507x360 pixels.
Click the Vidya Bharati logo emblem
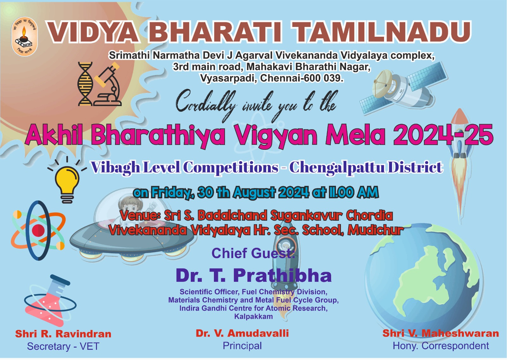pos(24,36)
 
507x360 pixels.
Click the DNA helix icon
pos(85,84)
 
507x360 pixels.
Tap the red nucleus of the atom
pos(38,230)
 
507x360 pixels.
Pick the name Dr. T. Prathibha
pos(253,275)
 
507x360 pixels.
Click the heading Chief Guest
pos(253,253)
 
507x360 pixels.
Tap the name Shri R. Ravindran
pos(63,334)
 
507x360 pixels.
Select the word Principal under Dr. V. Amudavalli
pos(242,346)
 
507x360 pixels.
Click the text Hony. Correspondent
pos(441,346)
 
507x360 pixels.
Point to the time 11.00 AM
pos(353,193)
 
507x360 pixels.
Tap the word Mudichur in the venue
pos(375,230)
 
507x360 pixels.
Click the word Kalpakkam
pos(253,317)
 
